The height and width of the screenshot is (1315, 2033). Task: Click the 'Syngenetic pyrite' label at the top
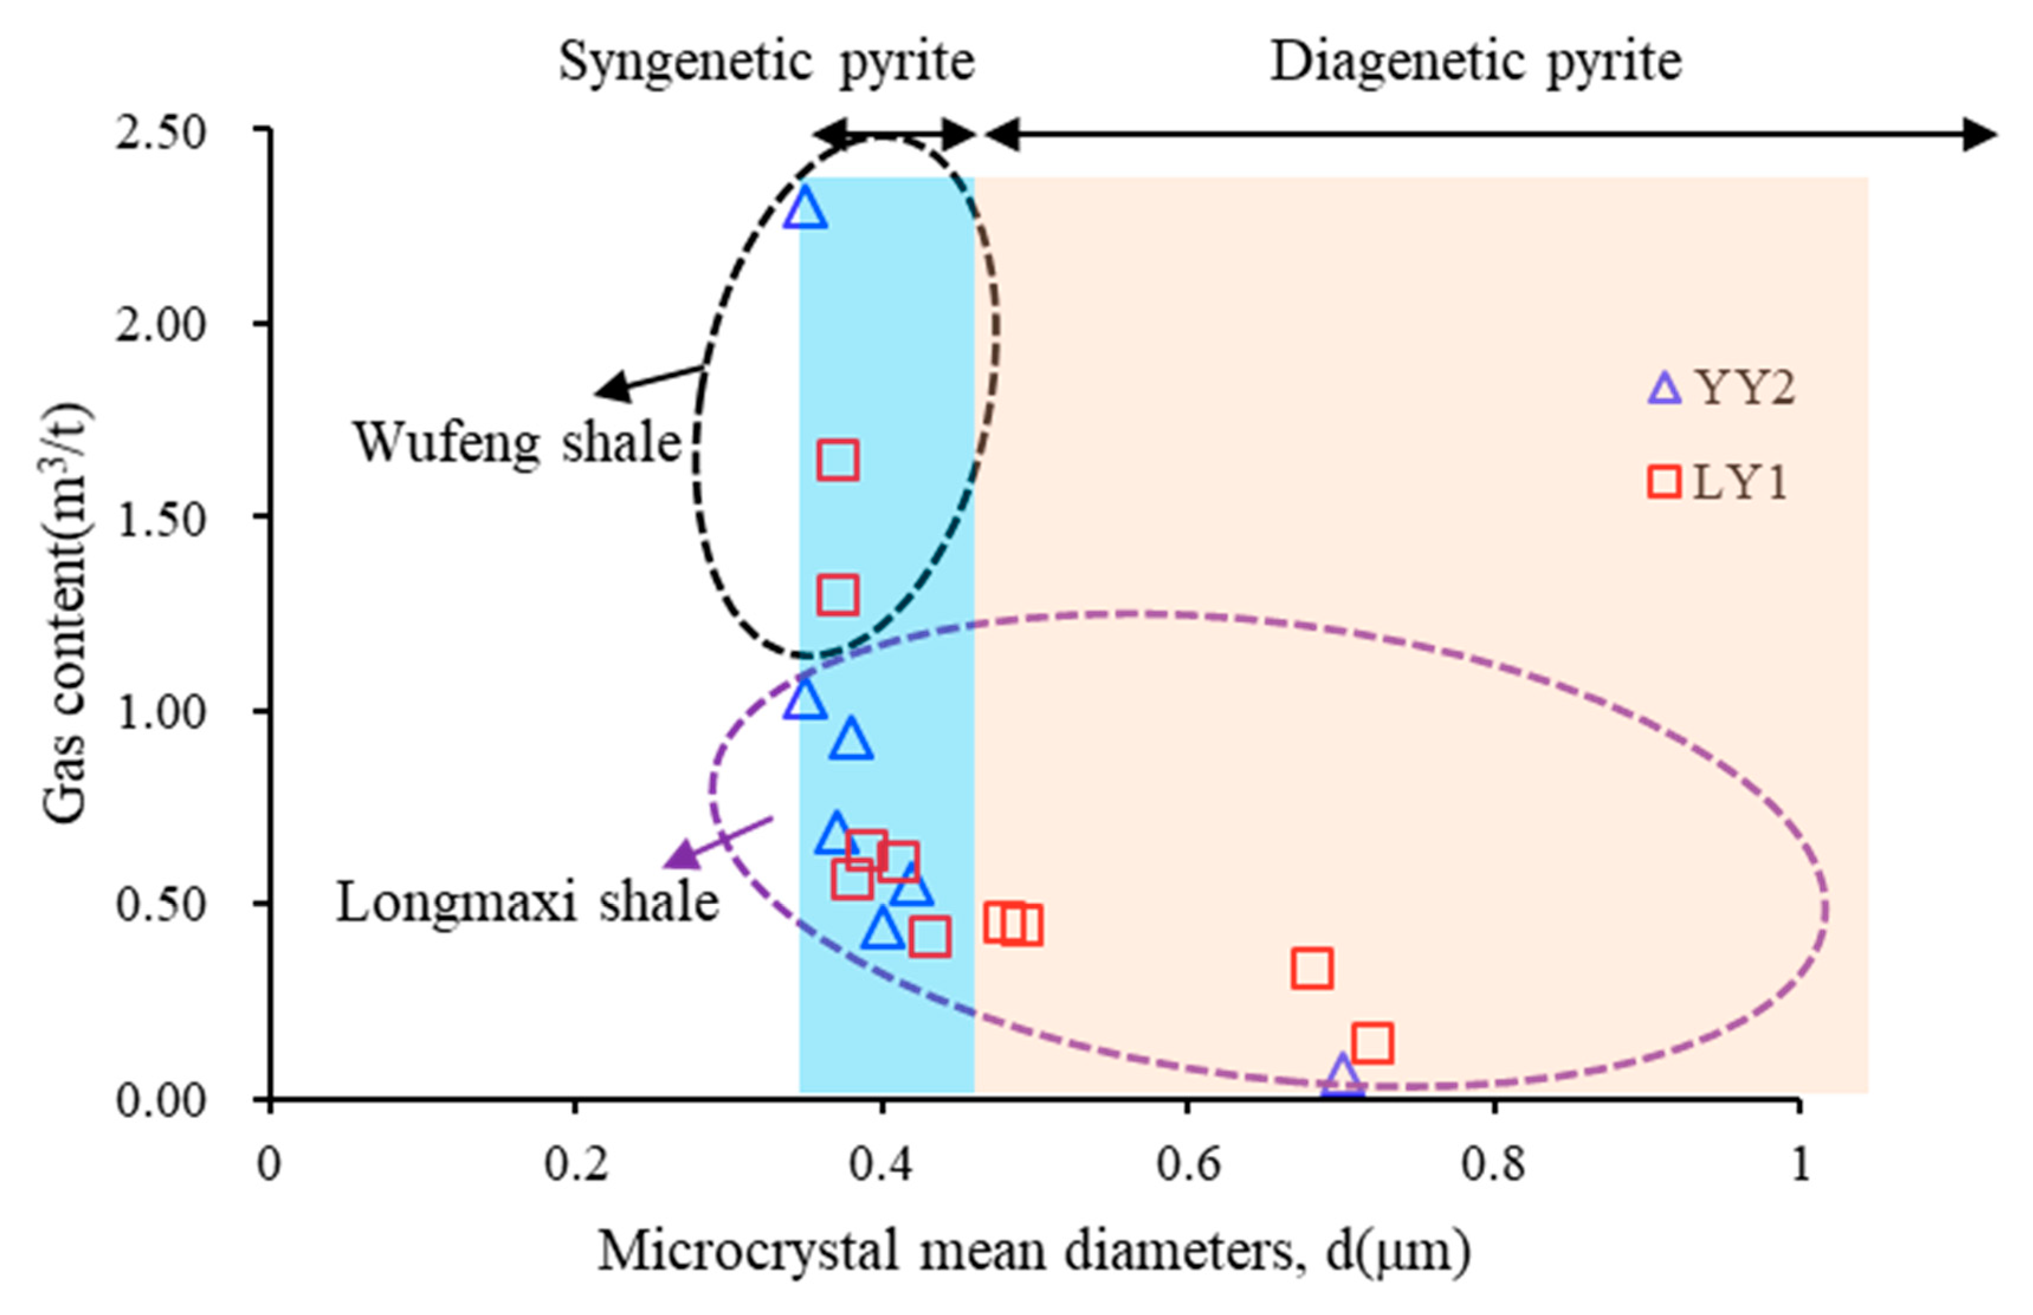pyautogui.click(x=766, y=61)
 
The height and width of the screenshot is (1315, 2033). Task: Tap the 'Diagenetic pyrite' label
pyautogui.click(x=1476, y=61)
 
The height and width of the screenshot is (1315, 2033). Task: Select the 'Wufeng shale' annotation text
pyautogui.click(x=517, y=442)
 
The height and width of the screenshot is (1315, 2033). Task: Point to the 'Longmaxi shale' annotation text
pyautogui.click(x=527, y=902)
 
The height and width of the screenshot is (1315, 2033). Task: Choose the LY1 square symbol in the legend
pyautogui.click(x=1664, y=482)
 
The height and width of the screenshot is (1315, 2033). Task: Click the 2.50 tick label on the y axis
pyautogui.click(x=161, y=133)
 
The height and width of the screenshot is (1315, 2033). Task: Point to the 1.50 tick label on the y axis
pyautogui.click(x=161, y=519)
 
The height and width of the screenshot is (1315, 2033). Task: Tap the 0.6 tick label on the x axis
pyautogui.click(x=1187, y=1163)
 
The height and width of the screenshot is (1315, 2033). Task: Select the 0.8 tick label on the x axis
pyautogui.click(x=1493, y=1163)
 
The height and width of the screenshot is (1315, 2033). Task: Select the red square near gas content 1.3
pyautogui.click(x=838, y=595)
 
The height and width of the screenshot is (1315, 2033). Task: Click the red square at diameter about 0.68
pyautogui.click(x=1312, y=968)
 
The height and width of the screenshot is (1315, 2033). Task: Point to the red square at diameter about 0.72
pyautogui.click(x=1372, y=1043)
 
